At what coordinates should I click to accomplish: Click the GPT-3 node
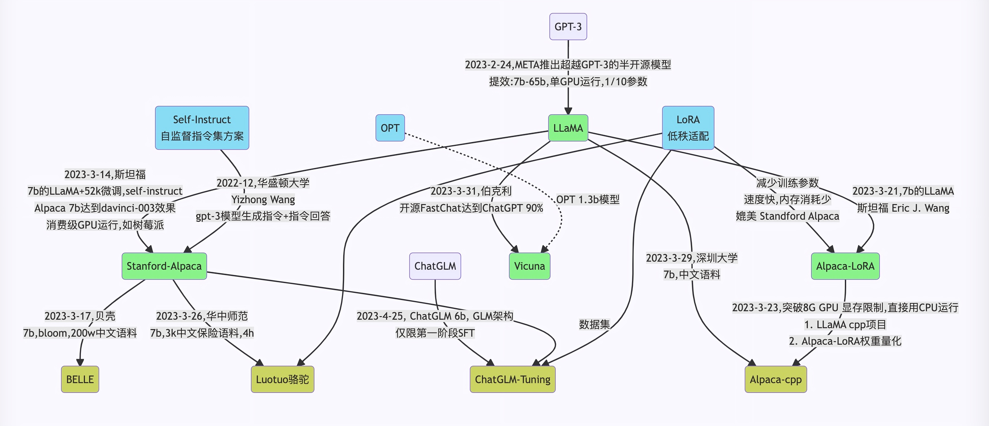click(568, 27)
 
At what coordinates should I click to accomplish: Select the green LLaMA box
click(568, 128)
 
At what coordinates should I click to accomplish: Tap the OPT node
click(390, 128)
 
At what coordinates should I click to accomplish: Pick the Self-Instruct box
click(202, 127)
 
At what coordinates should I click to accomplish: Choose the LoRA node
click(688, 127)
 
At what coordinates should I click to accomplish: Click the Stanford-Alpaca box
click(164, 266)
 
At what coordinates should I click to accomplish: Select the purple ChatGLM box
click(435, 266)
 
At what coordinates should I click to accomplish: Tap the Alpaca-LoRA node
click(845, 266)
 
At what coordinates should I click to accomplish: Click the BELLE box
click(80, 379)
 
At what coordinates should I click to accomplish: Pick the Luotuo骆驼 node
click(282, 379)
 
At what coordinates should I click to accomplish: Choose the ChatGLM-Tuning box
click(512, 379)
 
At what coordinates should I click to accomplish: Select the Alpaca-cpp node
click(775, 379)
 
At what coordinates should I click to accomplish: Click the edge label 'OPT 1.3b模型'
click(587, 199)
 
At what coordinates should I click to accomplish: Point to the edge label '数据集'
click(594, 324)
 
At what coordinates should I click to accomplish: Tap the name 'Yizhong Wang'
click(263, 199)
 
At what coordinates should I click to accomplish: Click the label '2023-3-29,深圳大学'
click(692, 258)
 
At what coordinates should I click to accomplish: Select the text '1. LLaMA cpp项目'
click(845, 324)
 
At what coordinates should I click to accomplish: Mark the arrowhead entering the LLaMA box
click(568, 111)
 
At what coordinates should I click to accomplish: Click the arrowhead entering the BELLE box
click(80, 362)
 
